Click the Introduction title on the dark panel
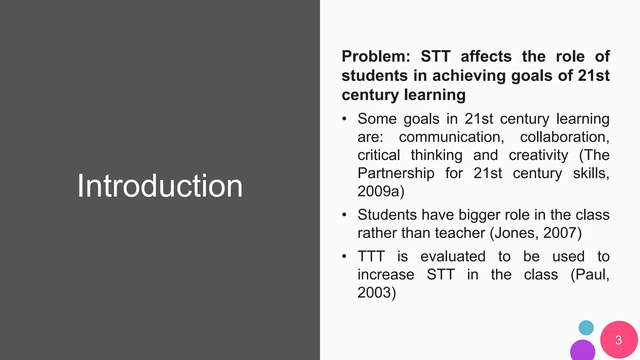(x=160, y=186)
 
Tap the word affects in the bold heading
(x=486, y=57)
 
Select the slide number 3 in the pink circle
(x=618, y=340)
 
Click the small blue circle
(x=586, y=328)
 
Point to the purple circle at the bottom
(x=582, y=351)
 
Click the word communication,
(x=452, y=137)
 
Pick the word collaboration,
(x=564, y=137)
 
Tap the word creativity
(x=538, y=155)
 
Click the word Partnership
(x=396, y=173)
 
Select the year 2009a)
(x=381, y=191)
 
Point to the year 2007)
(x=562, y=233)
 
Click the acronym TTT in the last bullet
(x=371, y=257)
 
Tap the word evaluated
(x=453, y=257)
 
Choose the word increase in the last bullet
(x=386, y=275)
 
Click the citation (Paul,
(x=590, y=275)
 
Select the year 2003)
(x=377, y=293)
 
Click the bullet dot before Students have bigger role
(x=344, y=215)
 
